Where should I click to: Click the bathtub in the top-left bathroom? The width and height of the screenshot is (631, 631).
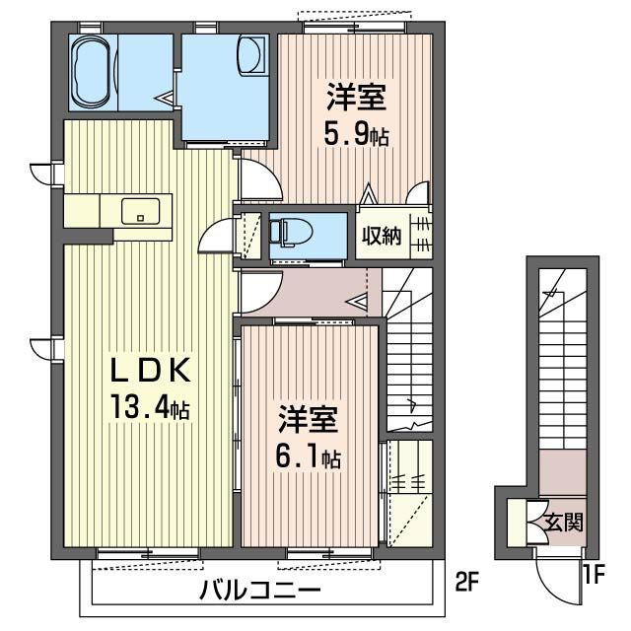click(x=94, y=73)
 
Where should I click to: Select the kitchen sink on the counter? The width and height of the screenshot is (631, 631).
click(x=141, y=210)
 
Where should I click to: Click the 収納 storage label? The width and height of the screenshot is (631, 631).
click(x=381, y=236)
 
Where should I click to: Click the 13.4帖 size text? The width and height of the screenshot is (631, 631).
click(x=149, y=404)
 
